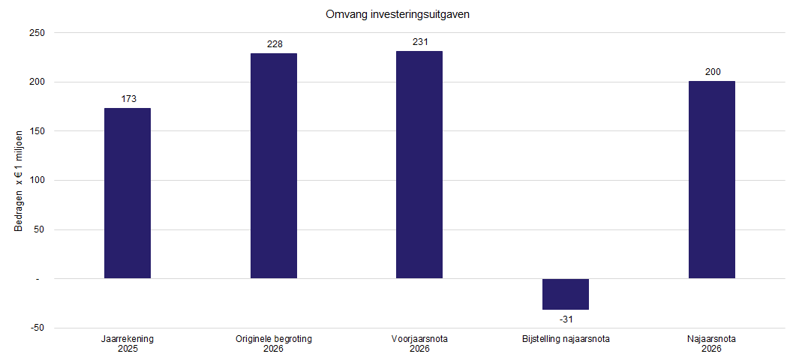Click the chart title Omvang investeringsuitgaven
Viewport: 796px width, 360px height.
tap(398, 15)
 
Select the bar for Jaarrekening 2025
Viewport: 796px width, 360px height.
tap(128, 193)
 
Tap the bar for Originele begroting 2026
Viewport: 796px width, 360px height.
tap(274, 166)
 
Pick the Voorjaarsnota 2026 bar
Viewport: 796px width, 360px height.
tap(419, 164)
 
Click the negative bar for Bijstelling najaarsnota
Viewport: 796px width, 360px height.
tap(566, 294)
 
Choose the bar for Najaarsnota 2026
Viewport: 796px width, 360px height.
tap(712, 180)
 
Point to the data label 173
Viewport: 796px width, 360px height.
tap(128, 99)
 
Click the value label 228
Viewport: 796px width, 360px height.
tap(275, 44)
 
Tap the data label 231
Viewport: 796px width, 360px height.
tap(421, 42)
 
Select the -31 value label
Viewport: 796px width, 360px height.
tap(566, 319)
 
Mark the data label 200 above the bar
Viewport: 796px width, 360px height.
tap(713, 72)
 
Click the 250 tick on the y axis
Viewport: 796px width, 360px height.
tap(38, 33)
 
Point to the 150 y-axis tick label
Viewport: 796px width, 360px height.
tap(38, 131)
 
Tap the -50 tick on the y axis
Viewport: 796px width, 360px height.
tap(38, 328)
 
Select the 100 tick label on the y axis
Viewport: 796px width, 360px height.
tap(38, 180)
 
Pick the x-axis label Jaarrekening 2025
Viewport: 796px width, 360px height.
tap(128, 343)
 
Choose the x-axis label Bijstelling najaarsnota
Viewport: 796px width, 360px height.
tap(566, 339)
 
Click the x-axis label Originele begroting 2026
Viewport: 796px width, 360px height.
tap(274, 343)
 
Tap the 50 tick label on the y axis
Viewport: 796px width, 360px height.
tap(40, 229)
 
